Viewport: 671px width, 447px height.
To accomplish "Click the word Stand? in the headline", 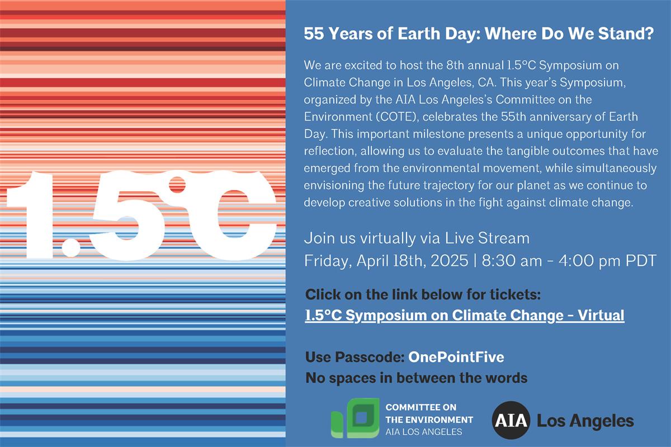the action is coord(626,34).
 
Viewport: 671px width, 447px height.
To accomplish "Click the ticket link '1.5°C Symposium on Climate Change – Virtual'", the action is coord(465,315).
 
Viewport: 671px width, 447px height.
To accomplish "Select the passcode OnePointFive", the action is coord(456,357).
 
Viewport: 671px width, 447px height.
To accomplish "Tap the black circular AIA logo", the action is coord(511,420).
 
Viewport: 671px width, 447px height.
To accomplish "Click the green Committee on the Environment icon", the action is coord(355,418).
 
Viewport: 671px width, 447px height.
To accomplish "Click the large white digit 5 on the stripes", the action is coord(127,216).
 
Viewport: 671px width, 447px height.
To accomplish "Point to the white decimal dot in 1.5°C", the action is coord(71,248).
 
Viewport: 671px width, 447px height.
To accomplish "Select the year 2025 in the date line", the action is coord(450,260).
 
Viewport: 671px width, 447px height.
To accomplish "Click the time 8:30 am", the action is coord(512,260).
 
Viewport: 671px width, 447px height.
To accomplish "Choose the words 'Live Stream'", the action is coord(487,239).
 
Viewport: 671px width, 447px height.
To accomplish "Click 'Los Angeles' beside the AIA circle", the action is coord(585,421).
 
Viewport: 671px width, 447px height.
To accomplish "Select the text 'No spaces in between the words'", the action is coord(417,378).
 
